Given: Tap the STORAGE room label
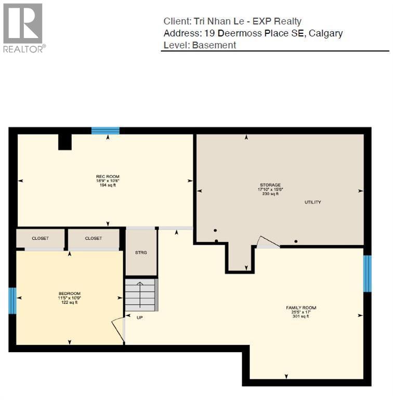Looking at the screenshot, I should (x=270, y=185).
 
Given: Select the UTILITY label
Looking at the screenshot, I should (x=313, y=202).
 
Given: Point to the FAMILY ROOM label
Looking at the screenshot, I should (x=301, y=308).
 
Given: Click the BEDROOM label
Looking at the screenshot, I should (x=69, y=294).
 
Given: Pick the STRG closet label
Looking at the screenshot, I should (x=141, y=253).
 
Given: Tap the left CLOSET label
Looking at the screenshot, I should (x=41, y=239).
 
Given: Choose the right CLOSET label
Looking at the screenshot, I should (x=94, y=239).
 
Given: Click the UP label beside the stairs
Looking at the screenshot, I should (x=139, y=317).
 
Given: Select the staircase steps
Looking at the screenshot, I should (x=141, y=295).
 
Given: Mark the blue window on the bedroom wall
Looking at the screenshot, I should (x=12, y=301).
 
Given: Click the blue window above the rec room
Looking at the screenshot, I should (x=106, y=131).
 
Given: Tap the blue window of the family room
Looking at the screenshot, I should (x=367, y=273).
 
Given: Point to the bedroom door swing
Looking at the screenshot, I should (x=118, y=330).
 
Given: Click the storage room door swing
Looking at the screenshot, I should (x=268, y=242).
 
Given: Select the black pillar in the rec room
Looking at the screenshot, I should (x=65, y=142).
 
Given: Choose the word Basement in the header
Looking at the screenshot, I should (x=214, y=45).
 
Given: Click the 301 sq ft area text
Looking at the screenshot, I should (x=301, y=316).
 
